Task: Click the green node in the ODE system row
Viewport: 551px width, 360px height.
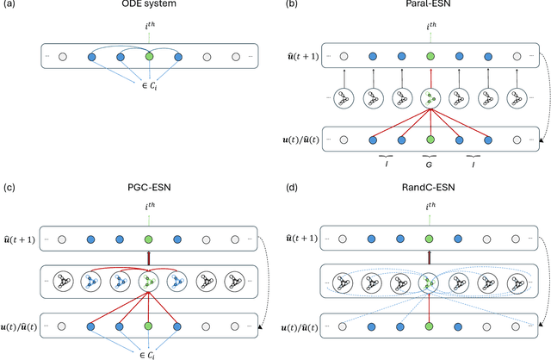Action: click(x=149, y=59)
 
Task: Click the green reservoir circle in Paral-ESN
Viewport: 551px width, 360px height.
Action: click(x=429, y=97)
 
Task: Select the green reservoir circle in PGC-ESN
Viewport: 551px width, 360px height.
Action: click(x=149, y=280)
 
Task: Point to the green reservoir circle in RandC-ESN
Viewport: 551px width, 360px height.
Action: click(x=429, y=280)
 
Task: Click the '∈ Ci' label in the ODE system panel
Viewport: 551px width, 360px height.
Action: click(x=149, y=88)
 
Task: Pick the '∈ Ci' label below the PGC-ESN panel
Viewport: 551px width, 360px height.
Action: click(x=149, y=352)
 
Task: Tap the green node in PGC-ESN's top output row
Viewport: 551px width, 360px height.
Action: click(x=149, y=238)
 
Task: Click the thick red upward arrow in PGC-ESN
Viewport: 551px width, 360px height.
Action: click(x=149, y=256)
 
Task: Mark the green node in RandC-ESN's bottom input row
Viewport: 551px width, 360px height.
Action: click(x=429, y=326)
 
